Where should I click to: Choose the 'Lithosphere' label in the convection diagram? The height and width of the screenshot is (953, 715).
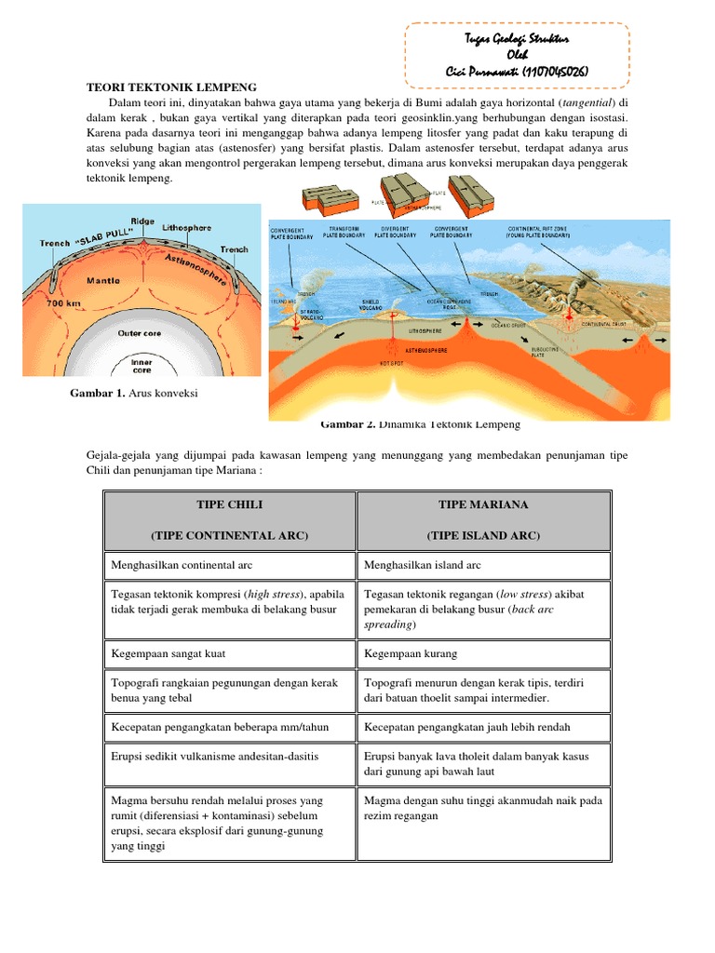click(x=186, y=227)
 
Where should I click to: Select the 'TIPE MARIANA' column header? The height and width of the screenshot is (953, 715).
click(x=483, y=504)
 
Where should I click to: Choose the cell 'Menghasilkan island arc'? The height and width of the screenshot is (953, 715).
click(x=423, y=565)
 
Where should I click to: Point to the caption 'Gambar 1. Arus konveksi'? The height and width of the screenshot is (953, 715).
click(x=134, y=394)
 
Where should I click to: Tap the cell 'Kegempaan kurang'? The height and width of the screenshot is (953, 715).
click(x=411, y=653)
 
